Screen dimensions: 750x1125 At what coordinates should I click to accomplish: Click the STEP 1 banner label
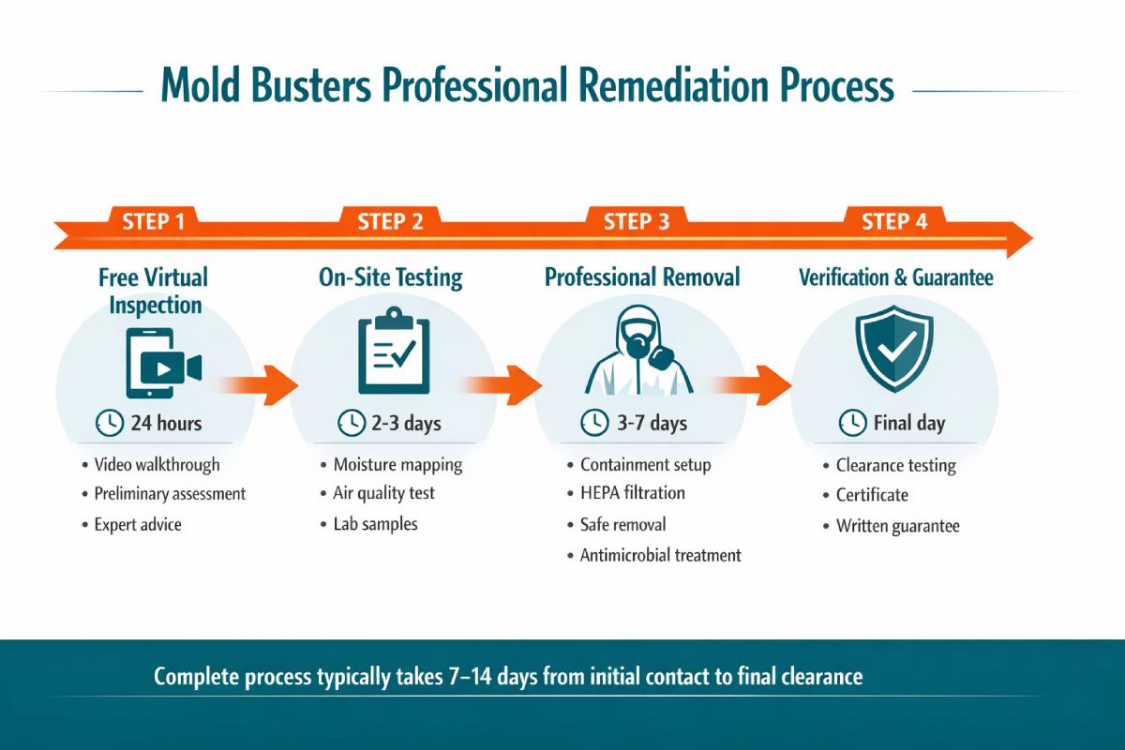153,222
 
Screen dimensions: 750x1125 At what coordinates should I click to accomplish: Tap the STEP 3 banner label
637,222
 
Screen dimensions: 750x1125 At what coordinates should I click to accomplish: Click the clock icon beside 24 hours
109,423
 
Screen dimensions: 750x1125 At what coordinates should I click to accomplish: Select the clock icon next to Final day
851,423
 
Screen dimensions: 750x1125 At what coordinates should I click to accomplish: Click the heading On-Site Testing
391,277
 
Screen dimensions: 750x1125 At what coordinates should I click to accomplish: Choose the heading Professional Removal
642,277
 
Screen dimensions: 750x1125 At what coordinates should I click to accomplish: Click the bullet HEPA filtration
633,493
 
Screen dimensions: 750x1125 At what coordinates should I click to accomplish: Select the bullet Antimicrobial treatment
661,555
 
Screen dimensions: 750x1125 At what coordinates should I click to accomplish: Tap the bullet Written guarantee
897,526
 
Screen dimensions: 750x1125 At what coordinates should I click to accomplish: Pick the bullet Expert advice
138,524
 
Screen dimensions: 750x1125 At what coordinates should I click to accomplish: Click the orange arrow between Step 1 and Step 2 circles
261,384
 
